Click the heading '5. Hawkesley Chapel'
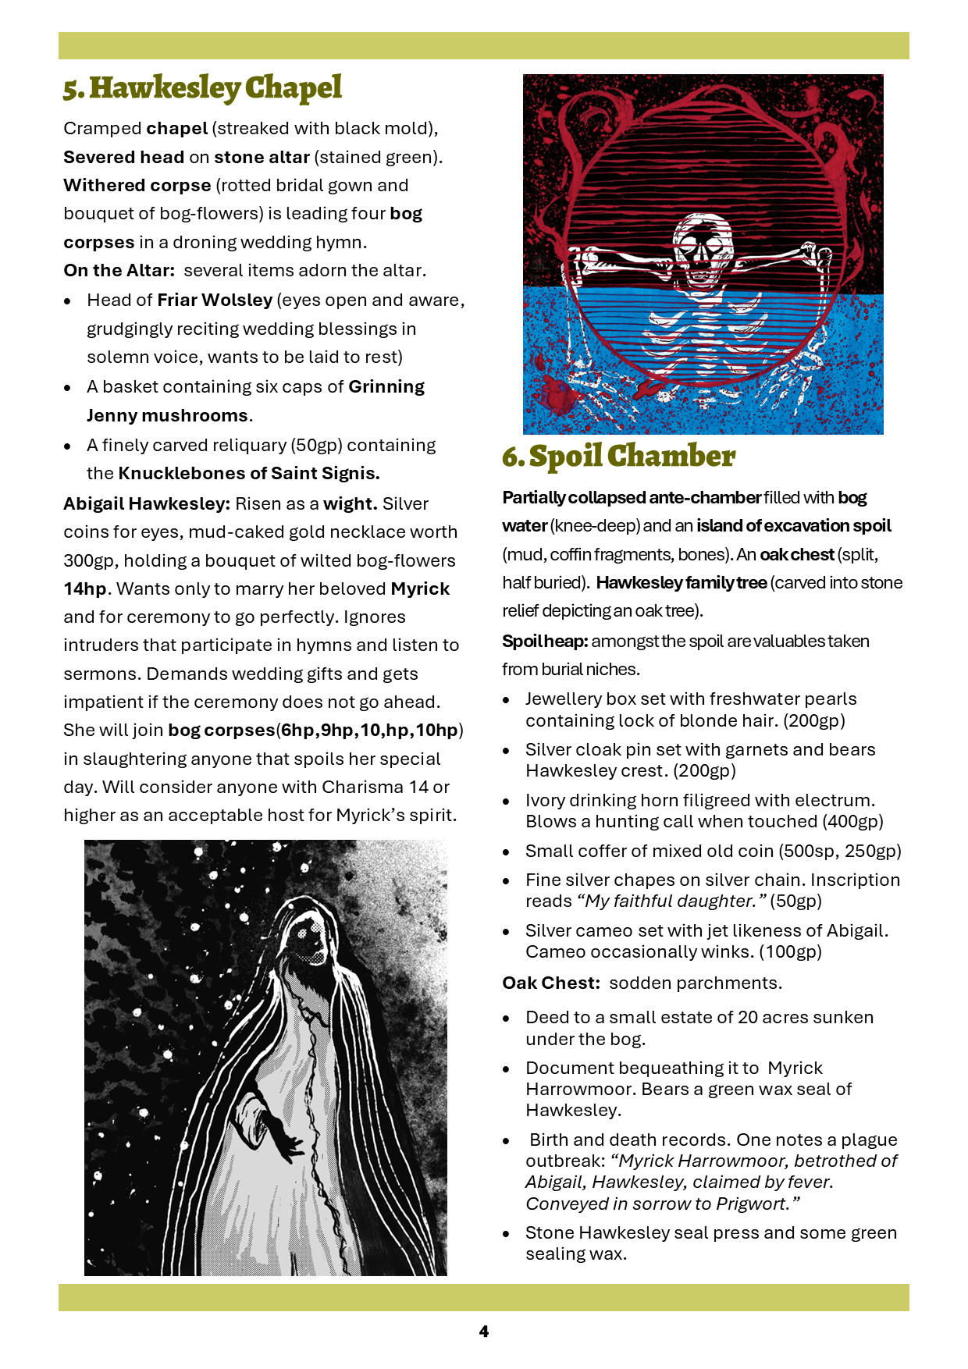point(202,88)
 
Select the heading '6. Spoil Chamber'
point(618,457)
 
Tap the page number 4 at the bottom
point(484,1332)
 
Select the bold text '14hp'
point(84,588)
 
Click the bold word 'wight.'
point(351,503)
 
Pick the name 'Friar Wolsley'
point(215,300)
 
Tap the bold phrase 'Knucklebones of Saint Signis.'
point(249,473)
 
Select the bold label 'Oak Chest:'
point(551,983)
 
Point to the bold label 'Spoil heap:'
point(545,641)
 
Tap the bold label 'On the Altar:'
point(119,271)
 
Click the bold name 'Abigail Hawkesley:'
point(147,503)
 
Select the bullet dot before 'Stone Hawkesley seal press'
point(507,1234)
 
